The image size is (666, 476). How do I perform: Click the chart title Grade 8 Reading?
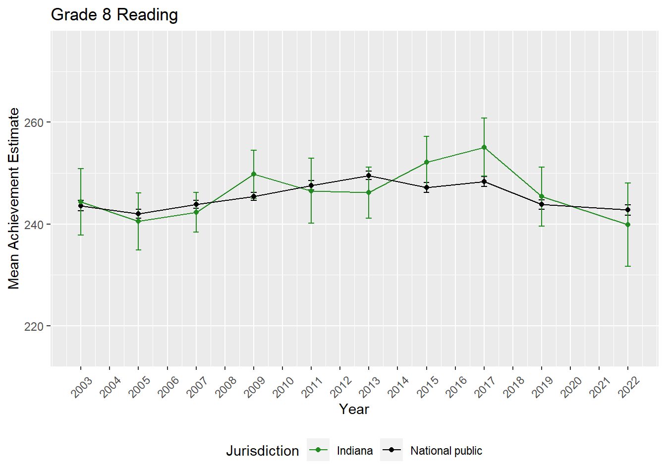[x=114, y=15]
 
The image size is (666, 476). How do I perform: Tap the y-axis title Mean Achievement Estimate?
[x=14, y=198]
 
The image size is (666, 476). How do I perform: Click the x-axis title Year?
[x=354, y=410]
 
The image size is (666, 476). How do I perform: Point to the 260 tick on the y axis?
[x=34, y=122]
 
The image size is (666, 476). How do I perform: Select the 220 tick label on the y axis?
[x=34, y=326]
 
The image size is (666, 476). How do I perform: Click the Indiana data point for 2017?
[x=484, y=147]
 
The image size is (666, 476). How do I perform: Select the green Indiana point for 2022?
[x=628, y=225]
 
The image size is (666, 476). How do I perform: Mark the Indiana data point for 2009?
[x=254, y=174]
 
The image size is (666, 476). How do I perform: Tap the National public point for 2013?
[x=369, y=176]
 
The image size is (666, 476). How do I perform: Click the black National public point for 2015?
[x=427, y=187]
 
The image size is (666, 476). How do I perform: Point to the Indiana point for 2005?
[x=139, y=221]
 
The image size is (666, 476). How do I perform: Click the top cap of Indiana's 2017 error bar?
[x=484, y=118]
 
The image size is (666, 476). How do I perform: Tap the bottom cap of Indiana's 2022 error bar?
[x=628, y=266]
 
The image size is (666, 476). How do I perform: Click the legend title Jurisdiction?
[x=263, y=451]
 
